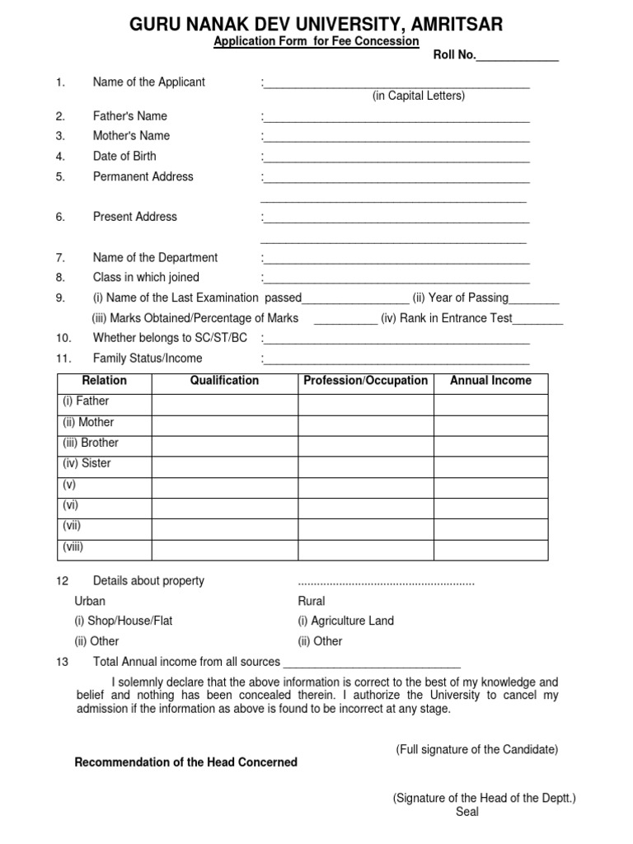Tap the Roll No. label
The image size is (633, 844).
point(454,56)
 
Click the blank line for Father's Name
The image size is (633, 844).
point(396,117)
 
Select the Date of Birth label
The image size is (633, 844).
point(124,156)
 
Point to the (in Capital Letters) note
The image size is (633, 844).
point(418,96)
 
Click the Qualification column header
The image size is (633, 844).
point(224,381)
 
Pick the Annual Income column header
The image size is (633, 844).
point(490,381)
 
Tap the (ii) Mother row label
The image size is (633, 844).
point(88,422)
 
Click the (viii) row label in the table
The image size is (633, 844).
point(73,546)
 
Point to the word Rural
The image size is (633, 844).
point(311,601)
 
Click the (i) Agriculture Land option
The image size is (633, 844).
point(345,621)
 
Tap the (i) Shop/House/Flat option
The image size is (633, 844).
point(124,621)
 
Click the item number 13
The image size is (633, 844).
point(63,662)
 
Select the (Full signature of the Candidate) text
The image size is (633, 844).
point(476,749)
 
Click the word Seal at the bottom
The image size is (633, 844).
point(467,812)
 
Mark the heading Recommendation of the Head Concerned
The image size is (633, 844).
point(185,762)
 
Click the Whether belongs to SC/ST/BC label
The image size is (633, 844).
point(170,338)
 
